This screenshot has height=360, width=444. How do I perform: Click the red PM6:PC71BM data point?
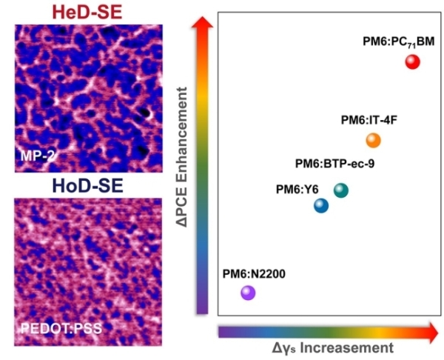413,62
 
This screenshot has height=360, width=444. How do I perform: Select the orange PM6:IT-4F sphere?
373,140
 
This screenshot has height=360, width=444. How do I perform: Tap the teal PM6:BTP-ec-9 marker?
340,190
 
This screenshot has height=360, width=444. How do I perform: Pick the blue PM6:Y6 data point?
320,205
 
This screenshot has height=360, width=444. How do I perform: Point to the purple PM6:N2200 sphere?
248,293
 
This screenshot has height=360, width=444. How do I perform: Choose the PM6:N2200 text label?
253,274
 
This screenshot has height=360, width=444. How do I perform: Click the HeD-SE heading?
88,10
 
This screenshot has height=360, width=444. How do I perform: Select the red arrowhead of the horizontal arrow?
431,330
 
